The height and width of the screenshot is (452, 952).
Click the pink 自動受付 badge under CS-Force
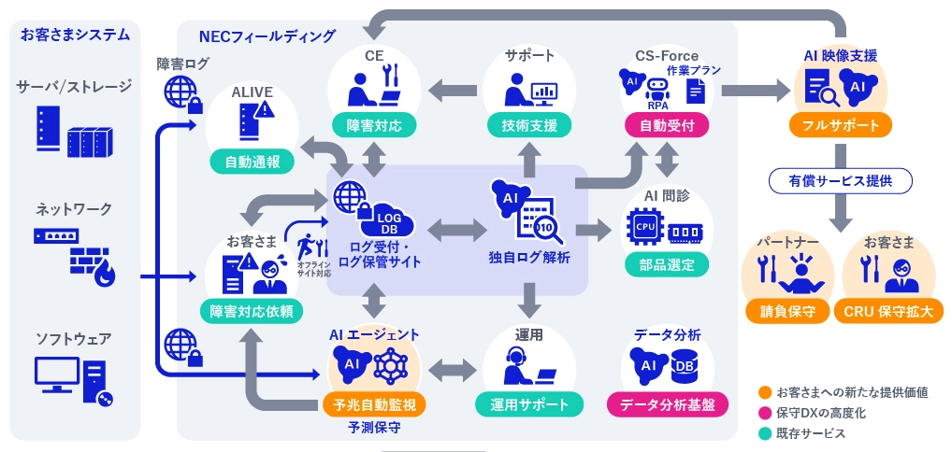pos(667,125)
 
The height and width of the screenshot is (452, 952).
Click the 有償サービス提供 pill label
pos(840,180)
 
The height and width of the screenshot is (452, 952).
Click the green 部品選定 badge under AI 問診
pos(668,264)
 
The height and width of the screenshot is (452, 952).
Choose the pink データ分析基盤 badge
pos(668,404)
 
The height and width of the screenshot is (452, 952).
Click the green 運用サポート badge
pos(529,404)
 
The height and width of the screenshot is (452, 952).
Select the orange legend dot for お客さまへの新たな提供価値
pos(765,392)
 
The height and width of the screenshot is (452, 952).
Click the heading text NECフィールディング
pos(267,36)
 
